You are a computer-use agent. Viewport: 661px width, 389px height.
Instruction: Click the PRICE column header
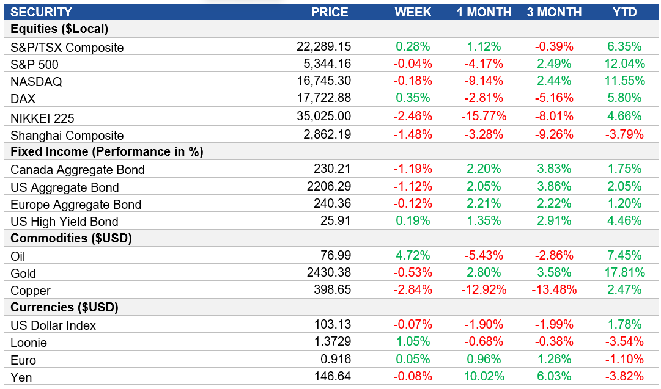tap(330, 12)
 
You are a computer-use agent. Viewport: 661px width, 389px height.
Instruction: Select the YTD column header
tap(624, 12)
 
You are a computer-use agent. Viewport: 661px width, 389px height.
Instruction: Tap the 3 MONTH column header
tap(555, 12)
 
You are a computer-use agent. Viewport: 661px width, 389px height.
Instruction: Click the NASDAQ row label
tap(36, 82)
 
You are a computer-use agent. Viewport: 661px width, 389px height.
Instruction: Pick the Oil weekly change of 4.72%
tap(413, 255)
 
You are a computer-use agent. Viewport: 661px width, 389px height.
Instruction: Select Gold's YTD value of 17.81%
tap(624, 272)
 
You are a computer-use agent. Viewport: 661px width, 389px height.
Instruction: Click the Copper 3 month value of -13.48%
tap(555, 290)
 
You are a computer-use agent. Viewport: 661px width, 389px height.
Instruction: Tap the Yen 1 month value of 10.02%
tap(484, 377)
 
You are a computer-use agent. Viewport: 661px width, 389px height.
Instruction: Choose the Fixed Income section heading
tap(107, 151)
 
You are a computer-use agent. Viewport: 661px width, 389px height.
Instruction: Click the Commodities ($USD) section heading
tap(71, 238)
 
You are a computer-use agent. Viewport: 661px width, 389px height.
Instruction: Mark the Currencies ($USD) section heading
tap(64, 307)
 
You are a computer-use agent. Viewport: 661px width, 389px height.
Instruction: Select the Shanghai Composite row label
tap(67, 136)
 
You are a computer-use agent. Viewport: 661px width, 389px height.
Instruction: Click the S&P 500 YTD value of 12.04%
tap(624, 64)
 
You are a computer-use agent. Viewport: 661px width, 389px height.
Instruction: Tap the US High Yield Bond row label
tap(64, 222)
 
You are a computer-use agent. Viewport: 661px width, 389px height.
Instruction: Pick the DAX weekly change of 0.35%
tap(413, 98)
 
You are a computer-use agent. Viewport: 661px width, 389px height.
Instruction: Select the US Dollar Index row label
tap(53, 325)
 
